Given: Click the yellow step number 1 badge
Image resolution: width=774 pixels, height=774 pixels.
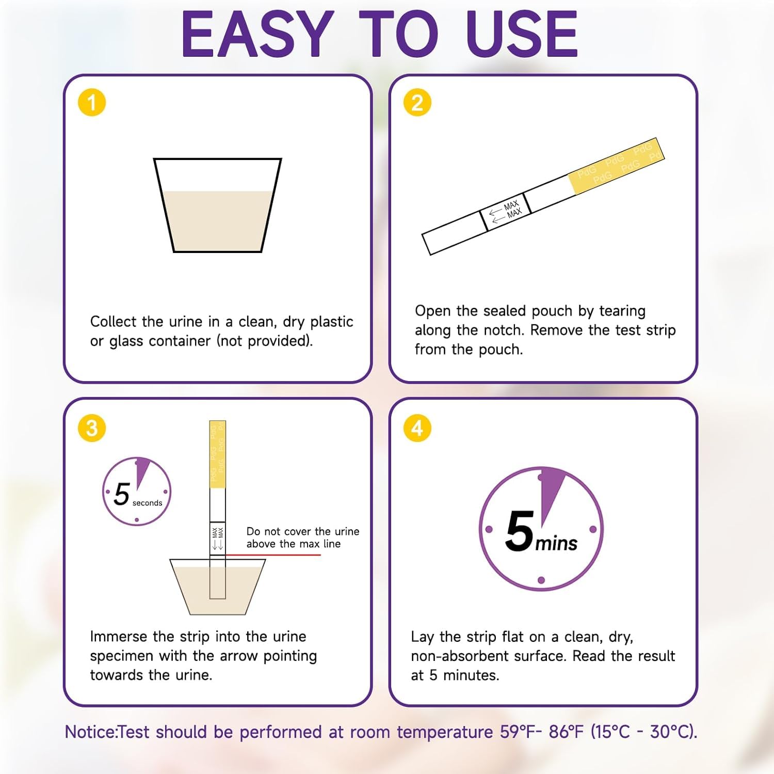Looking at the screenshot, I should [92, 102].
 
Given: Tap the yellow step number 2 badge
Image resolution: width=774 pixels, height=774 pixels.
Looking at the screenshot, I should [417, 102].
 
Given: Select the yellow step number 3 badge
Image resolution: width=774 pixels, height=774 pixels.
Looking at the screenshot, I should [92, 428].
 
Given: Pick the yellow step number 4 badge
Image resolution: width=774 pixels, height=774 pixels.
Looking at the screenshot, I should [417, 428].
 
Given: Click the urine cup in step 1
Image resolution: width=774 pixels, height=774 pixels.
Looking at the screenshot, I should [217, 207].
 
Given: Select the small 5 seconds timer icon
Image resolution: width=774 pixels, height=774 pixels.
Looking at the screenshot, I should [136, 492].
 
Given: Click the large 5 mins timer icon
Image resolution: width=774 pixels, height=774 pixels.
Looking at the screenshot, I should [541, 529].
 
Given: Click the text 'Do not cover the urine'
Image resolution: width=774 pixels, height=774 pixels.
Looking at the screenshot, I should [302, 531].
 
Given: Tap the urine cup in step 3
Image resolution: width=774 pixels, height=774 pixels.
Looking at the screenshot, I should [217, 589].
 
